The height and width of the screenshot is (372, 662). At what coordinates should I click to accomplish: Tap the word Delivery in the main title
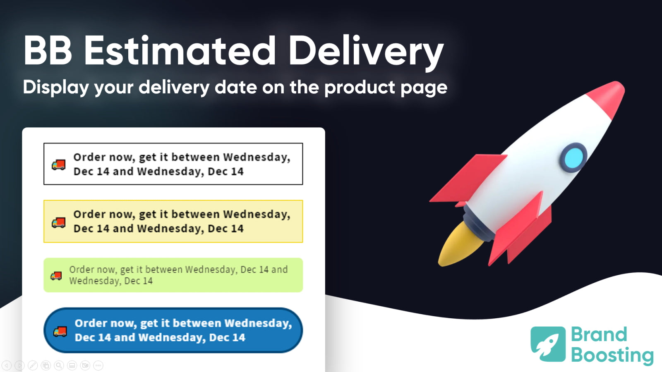[x=366, y=52]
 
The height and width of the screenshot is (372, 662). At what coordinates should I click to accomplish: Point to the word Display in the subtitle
[x=56, y=88]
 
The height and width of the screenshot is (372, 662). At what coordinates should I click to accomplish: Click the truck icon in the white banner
[x=58, y=165]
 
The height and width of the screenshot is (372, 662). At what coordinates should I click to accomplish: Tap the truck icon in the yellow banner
[x=58, y=223]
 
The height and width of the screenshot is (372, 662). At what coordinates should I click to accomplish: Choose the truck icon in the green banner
[x=56, y=276]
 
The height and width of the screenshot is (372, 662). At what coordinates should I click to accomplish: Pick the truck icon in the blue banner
[x=60, y=331]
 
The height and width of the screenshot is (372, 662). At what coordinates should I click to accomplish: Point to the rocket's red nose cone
[x=608, y=96]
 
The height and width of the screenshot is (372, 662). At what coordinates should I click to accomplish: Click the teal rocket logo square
[x=548, y=344]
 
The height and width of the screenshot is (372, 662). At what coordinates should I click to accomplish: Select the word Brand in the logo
[x=599, y=334]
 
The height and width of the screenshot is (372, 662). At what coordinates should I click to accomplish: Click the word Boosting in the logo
[x=612, y=355]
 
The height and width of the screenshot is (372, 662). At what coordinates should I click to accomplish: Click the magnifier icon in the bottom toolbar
[x=59, y=365]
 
